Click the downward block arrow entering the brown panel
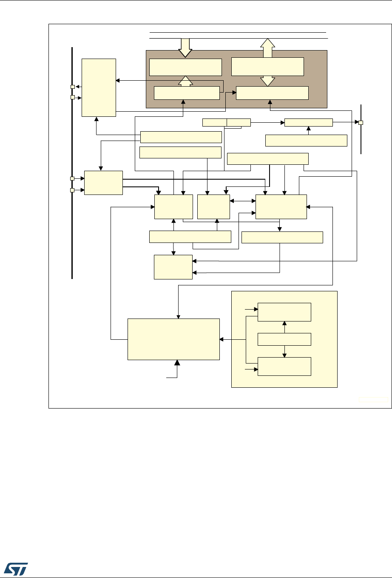click(185, 47)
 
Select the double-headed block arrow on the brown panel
click(267, 62)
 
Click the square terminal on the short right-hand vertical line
click(361, 123)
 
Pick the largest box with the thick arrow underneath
click(174, 339)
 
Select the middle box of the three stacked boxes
click(284, 339)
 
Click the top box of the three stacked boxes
click(284, 312)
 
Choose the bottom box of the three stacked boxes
click(284, 367)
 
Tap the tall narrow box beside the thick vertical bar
click(99, 87)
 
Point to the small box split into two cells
click(227, 123)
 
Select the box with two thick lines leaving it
click(104, 183)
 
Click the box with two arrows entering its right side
click(173, 267)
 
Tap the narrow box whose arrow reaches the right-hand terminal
click(308, 123)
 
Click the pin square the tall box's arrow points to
click(73, 87)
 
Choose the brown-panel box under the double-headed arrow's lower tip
click(272, 93)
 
